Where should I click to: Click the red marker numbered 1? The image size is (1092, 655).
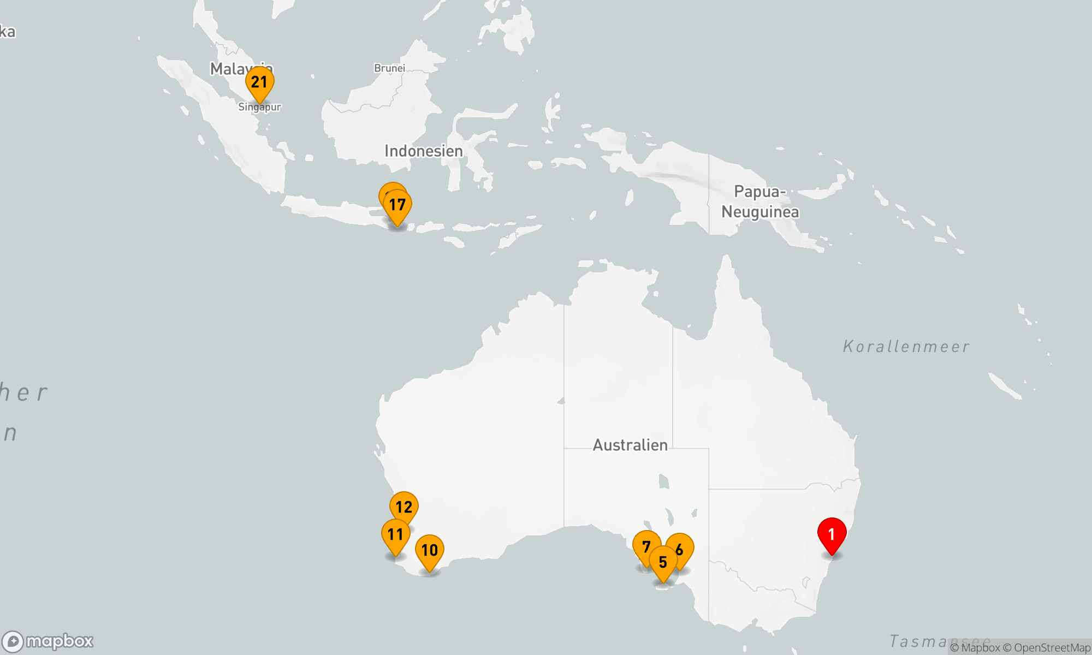[x=832, y=534]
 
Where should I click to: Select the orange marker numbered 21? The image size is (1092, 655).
[x=259, y=82]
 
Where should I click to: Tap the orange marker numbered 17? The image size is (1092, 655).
[x=397, y=205]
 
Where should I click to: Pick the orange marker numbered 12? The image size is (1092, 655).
[x=404, y=507]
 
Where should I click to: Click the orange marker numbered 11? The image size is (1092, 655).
[x=395, y=534]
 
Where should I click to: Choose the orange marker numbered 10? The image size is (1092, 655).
[x=430, y=550]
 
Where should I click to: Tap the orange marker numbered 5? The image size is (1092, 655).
[x=663, y=562]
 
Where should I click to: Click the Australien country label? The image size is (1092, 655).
[x=630, y=445]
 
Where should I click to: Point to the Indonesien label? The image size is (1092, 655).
[x=423, y=151]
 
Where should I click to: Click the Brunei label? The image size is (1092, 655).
[x=389, y=68]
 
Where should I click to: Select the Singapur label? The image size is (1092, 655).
[x=259, y=108]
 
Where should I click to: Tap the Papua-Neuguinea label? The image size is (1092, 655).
[x=760, y=202]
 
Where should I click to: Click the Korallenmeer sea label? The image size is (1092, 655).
[x=906, y=347]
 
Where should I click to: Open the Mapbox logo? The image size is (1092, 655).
[x=48, y=641]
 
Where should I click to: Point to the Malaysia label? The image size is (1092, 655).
[x=229, y=69]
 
